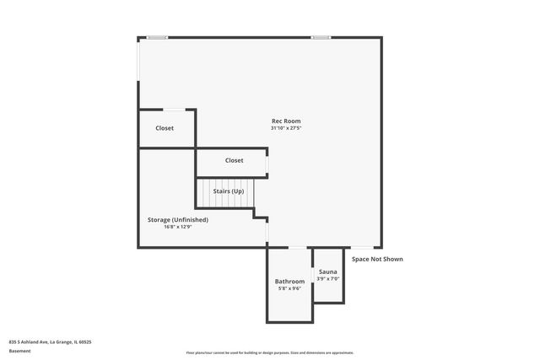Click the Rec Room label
click(x=285, y=121)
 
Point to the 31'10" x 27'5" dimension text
click(x=285, y=129)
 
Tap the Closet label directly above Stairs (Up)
click(x=234, y=160)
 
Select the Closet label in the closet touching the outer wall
click(x=165, y=128)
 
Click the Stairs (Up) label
click(x=228, y=191)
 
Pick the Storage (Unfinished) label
click(x=177, y=219)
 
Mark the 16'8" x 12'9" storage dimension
click(x=177, y=227)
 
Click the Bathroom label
click(x=289, y=281)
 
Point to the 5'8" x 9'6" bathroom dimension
click(x=289, y=288)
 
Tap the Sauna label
click(x=327, y=271)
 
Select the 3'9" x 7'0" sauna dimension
click(x=327, y=279)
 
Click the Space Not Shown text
click(x=377, y=259)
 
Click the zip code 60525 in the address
click(x=83, y=341)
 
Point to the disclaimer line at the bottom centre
click(x=269, y=352)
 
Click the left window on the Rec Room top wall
click(x=157, y=37)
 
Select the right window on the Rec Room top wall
click(x=321, y=37)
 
